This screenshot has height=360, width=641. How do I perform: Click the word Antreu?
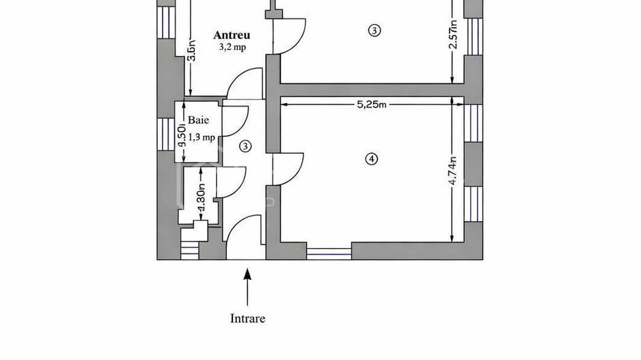(x=232, y=35)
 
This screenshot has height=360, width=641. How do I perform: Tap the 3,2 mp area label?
(x=232, y=47)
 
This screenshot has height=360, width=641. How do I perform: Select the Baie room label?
(x=198, y=118)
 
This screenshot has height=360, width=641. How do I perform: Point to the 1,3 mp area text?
(x=201, y=137)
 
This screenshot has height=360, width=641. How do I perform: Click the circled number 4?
(x=372, y=158)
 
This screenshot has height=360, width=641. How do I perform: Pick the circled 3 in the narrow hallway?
(x=246, y=145)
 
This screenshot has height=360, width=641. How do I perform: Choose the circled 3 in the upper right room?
(x=374, y=30)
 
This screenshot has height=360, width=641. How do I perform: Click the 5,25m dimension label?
(x=372, y=105)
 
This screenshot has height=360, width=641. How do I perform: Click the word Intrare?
(x=247, y=318)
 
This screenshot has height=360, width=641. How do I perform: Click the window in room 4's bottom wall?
(x=329, y=252)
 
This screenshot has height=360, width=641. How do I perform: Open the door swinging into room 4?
(x=289, y=168)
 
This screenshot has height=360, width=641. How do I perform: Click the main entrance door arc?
(x=243, y=236)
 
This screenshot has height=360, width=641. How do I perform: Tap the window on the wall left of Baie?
(x=166, y=133)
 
